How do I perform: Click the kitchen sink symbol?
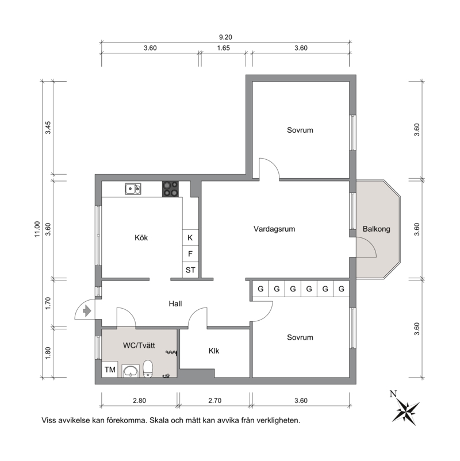point(133,189)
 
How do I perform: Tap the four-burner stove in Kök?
point(171,189)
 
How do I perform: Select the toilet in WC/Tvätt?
point(148,368)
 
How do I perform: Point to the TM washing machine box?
point(110,369)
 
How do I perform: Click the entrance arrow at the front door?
point(87,311)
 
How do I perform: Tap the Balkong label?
point(377,229)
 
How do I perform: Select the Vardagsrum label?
point(274,229)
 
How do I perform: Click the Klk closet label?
point(214,351)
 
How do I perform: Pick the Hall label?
point(175,304)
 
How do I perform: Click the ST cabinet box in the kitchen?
point(190,270)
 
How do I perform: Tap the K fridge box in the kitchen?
point(190,237)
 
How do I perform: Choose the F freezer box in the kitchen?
point(190,253)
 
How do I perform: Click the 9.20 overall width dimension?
point(225,37)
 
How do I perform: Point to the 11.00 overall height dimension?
point(37,229)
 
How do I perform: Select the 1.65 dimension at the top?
point(224,48)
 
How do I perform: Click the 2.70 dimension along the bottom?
point(214,401)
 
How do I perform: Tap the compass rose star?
point(407,410)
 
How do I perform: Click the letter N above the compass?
point(393,394)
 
